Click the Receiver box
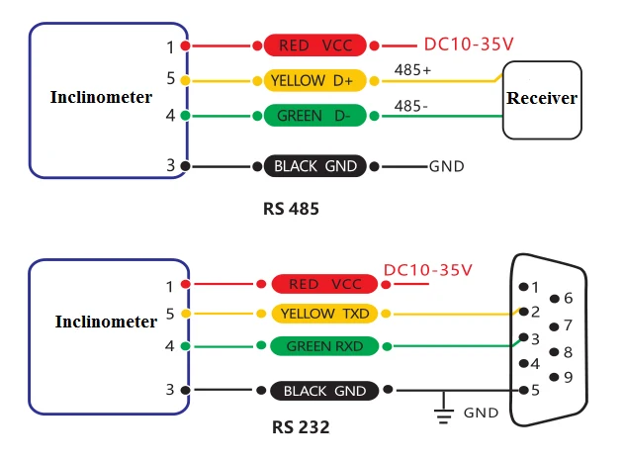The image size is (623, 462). (x=542, y=100)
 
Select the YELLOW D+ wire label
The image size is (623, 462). (x=314, y=81)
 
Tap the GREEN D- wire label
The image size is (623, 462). (x=314, y=116)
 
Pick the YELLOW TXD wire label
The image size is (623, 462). (x=324, y=314)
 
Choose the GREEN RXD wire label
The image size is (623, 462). (x=324, y=346)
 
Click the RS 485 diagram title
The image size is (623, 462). (x=291, y=209)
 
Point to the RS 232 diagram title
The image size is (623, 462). (x=301, y=427)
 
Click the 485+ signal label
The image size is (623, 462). (x=412, y=70)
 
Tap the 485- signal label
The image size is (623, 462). (x=410, y=106)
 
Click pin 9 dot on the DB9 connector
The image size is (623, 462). (x=554, y=377)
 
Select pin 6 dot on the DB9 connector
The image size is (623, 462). (x=554, y=299)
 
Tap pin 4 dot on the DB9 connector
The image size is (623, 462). (x=524, y=363)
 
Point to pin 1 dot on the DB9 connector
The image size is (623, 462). (x=524, y=287)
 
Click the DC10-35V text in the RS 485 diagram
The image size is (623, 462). (x=469, y=44)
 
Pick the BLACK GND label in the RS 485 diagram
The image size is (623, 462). (x=314, y=166)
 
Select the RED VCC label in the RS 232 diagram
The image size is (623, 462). (x=324, y=284)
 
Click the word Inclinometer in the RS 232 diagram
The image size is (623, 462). (x=106, y=322)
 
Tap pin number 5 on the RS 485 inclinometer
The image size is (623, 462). (x=170, y=78)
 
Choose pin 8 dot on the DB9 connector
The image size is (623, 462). (x=554, y=352)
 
